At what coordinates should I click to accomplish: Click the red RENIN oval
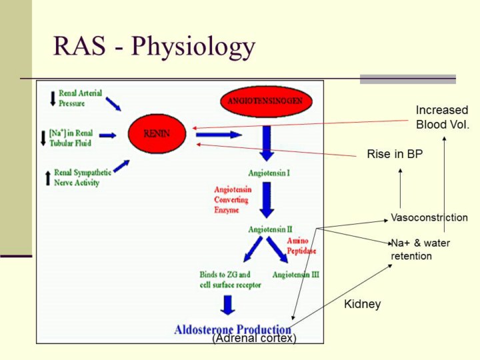(x=157, y=133)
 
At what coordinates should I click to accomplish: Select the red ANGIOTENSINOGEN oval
(x=265, y=101)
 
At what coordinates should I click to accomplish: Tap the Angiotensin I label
(x=269, y=173)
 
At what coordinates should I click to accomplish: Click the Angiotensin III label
(x=296, y=275)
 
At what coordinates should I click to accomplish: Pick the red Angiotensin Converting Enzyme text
(x=233, y=200)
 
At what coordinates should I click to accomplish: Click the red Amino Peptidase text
(x=301, y=246)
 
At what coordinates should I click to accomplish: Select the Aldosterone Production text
(x=233, y=329)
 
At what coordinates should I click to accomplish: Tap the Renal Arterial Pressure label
(x=80, y=99)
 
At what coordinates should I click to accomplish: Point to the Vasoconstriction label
(x=429, y=218)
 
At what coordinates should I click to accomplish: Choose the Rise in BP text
(x=395, y=155)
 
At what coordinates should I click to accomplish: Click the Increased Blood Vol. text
(x=442, y=117)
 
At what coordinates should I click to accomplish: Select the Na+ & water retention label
(x=420, y=249)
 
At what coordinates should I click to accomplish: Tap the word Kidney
(x=362, y=305)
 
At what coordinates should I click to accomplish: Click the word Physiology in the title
(x=193, y=47)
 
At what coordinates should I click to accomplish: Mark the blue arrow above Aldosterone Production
(x=228, y=305)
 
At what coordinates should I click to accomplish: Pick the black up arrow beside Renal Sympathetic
(x=47, y=178)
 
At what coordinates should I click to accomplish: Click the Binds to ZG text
(x=225, y=275)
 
